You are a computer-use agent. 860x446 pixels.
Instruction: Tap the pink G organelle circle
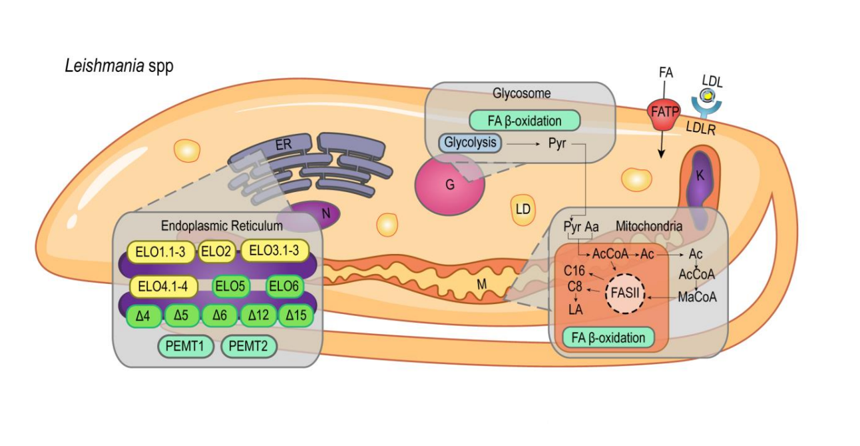[449, 185]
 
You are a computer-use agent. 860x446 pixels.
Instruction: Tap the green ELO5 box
[230, 287]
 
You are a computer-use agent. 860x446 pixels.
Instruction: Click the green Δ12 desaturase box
[258, 315]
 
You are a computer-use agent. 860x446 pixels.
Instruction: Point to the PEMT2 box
[248, 347]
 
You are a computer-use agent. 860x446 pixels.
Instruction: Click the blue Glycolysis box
[470, 143]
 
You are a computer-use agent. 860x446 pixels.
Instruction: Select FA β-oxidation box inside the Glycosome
[525, 121]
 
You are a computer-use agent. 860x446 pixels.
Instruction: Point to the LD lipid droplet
[523, 209]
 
